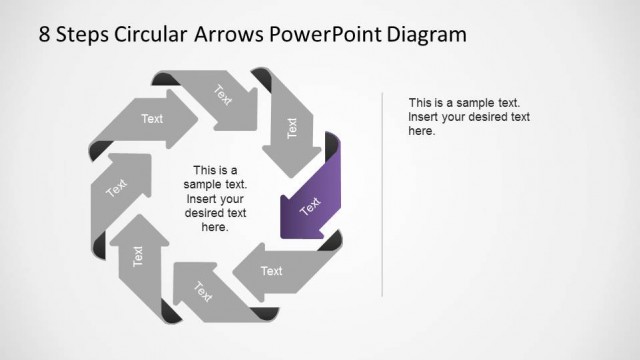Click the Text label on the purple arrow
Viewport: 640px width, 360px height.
311,206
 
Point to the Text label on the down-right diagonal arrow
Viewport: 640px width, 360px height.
222,95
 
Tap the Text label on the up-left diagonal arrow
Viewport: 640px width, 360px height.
203,292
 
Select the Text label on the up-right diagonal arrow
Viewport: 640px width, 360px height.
117,187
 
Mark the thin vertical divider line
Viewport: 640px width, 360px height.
383,190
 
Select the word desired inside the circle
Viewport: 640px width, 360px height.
208,213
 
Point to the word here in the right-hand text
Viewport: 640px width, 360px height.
421,131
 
